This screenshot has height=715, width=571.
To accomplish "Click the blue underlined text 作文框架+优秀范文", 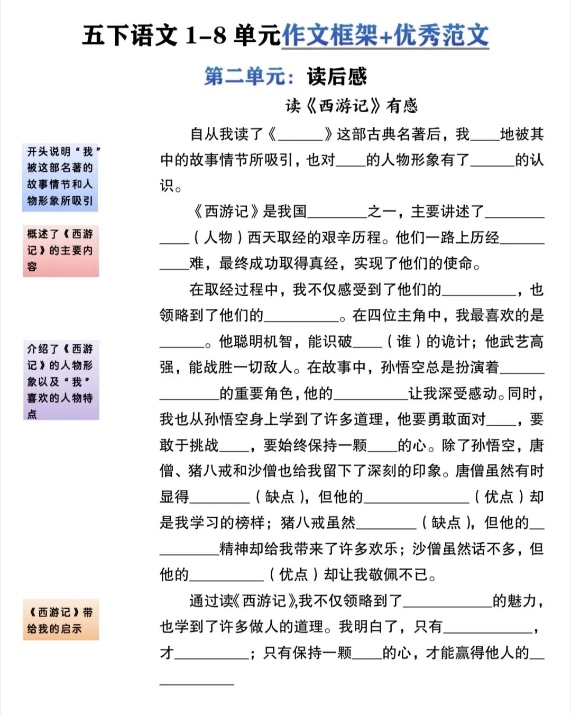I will tap(385, 36).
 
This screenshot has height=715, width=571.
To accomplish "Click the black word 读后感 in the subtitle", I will tap(337, 77).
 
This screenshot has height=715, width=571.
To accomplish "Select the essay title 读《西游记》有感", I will tap(352, 106).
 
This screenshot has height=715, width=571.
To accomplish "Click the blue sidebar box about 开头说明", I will tap(60, 177).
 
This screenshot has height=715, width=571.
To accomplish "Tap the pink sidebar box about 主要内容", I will tap(60, 251).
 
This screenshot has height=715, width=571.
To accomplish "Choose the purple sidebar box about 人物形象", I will tap(60, 380).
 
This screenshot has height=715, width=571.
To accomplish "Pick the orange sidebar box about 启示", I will tap(60, 620).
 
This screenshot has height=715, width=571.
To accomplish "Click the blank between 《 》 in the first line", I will tap(300, 135).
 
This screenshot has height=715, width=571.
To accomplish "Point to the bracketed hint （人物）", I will tap(218, 237).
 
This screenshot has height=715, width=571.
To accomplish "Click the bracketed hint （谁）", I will tap(403, 342).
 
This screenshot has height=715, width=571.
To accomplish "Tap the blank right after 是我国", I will tap(337, 213).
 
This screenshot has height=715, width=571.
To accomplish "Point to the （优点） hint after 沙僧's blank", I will tap(293, 575).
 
